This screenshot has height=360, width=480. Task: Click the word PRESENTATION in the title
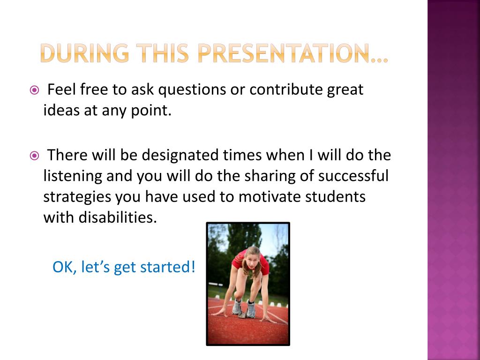click(284, 53)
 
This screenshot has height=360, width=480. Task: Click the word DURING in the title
click(84, 53)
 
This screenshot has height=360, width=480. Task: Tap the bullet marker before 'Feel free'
click(34, 90)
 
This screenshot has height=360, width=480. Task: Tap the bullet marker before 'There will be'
click(34, 156)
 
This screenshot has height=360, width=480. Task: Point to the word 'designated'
click(180, 156)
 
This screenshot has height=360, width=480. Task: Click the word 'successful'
click(353, 176)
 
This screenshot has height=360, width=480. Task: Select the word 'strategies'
click(77, 197)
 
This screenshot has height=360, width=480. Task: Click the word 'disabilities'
click(118, 217)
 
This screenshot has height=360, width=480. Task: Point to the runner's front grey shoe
click(251, 309)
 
